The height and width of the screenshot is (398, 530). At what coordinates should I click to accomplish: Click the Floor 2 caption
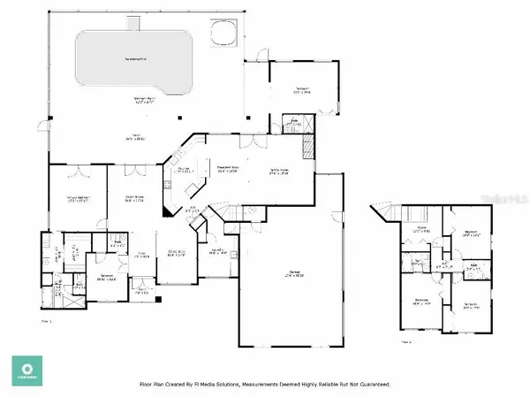[405, 341]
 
